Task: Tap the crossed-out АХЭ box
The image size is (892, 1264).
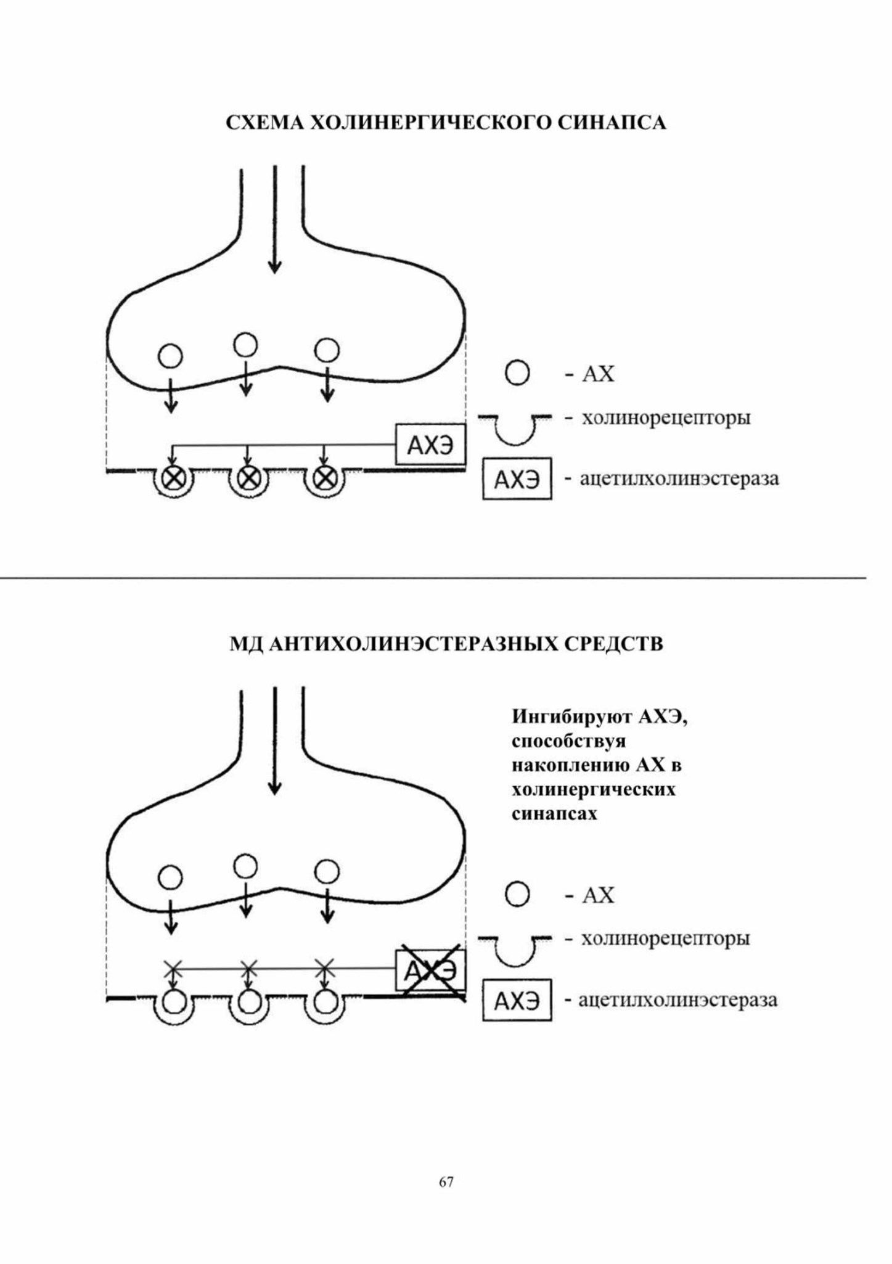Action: pyautogui.click(x=430, y=970)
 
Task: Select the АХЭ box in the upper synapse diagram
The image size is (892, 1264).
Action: pyautogui.click(x=430, y=445)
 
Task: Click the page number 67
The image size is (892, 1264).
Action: pyautogui.click(x=446, y=1182)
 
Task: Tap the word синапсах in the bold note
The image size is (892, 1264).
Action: pyautogui.click(x=555, y=813)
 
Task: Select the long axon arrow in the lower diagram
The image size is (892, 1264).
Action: pyautogui.click(x=275, y=740)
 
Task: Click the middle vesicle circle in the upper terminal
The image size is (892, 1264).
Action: pyautogui.click(x=245, y=345)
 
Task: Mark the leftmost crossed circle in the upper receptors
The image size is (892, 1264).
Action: pyautogui.click(x=173, y=477)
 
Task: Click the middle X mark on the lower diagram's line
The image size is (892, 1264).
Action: pyautogui.click(x=248, y=969)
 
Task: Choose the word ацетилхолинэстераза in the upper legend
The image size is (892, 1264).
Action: pyautogui.click(x=679, y=478)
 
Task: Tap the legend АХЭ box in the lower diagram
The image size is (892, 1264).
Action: pyautogui.click(x=517, y=1000)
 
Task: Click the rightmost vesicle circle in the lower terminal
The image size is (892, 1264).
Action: pyautogui.click(x=327, y=872)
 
